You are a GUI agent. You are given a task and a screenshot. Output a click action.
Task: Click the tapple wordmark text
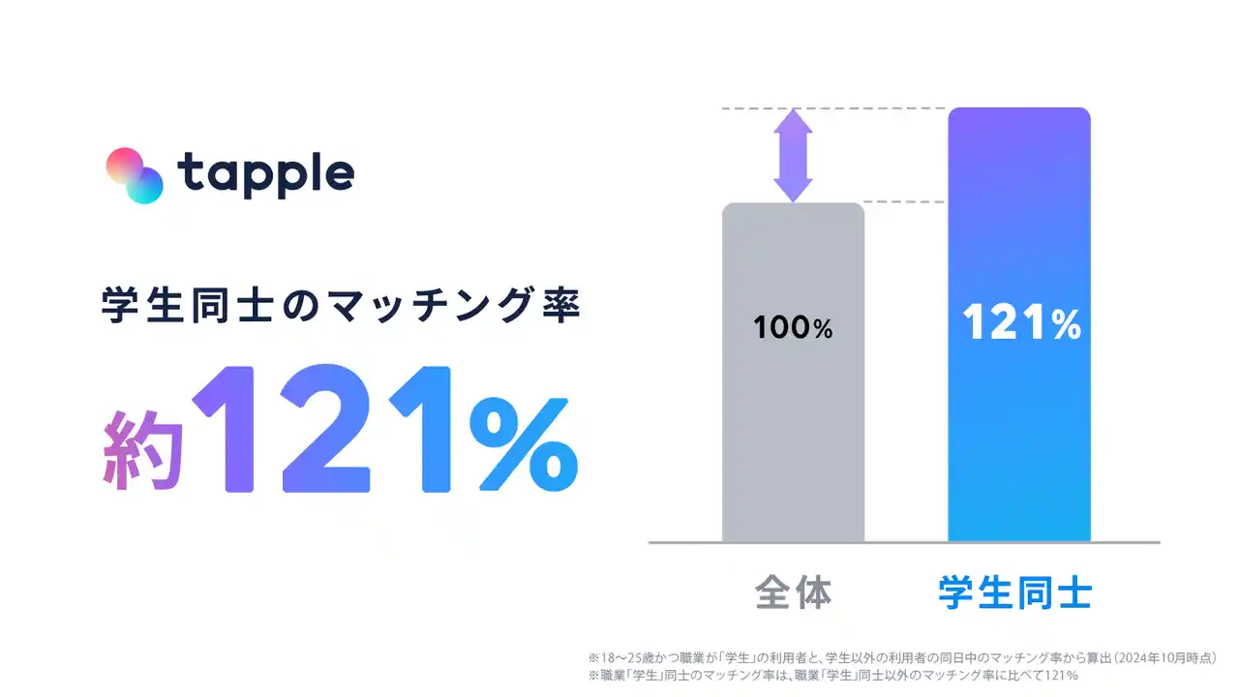tap(265, 175)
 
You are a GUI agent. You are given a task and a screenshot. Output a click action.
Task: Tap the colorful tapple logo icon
tap(135, 175)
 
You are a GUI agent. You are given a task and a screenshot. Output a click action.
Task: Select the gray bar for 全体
tap(793, 373)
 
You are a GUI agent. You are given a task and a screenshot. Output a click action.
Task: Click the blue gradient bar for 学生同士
tap(1019, 324)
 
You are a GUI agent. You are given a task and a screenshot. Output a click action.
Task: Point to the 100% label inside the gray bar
tap(793, 327)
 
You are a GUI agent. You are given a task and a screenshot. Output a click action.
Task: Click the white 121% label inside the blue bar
tap(1021, 322)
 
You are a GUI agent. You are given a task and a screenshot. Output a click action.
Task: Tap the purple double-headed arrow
tap(793, 156)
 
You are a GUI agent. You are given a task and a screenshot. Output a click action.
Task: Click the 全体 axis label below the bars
tap(793, 592)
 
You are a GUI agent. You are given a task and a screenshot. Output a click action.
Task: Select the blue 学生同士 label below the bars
tap(1015, 592)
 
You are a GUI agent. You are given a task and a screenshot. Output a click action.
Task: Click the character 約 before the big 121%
tap(142, 449)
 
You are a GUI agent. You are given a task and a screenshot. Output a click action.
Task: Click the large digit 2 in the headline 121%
tap(325, 428)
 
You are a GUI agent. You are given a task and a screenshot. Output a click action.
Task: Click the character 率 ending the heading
tap(560, 305)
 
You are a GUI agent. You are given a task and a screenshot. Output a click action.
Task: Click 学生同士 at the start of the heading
tap(188, 305)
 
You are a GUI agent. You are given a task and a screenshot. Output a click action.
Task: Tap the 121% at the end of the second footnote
tap(1062, 676)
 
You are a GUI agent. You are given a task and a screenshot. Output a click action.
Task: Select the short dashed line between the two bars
tap(904, 202)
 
